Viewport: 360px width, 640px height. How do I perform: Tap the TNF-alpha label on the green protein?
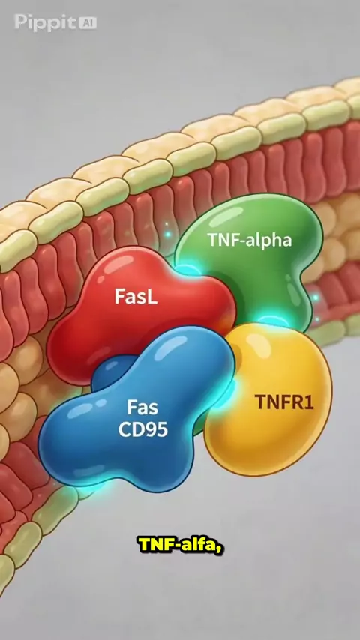point(250,241)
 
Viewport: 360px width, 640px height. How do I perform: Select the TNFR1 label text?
point(284,402)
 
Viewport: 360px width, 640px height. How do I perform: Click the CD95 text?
point(143,429)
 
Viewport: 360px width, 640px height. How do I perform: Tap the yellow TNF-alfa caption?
point(181,545)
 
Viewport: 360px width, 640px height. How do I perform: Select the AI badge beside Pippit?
point(87,22)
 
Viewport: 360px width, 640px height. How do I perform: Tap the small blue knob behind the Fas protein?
point(110,372)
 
